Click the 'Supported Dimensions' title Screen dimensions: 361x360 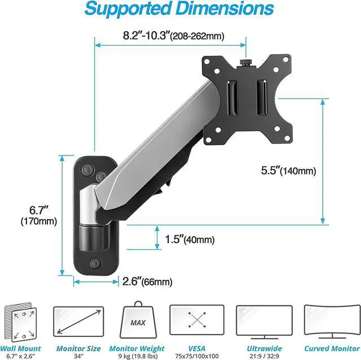tap(179, 9)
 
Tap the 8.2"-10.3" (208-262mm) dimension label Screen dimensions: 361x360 tap(174, 36)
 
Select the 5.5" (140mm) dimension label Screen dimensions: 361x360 tap(288, 171)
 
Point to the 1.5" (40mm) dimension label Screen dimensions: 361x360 tap(190, 239)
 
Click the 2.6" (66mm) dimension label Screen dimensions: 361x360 tap(147, 281)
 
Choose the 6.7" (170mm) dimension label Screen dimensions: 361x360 tap(39, 216)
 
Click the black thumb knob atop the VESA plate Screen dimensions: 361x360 tap(246, 63)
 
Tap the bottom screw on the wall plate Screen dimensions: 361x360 tap(95, 263)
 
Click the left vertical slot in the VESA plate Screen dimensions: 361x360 tap(232, 98)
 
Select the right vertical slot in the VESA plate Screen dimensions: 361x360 tap(262, 97)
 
